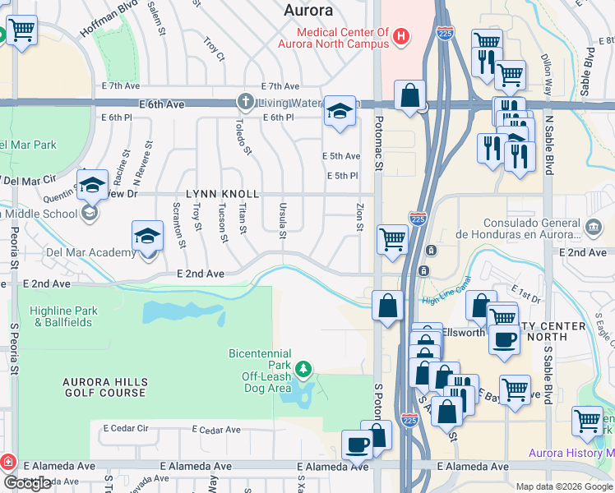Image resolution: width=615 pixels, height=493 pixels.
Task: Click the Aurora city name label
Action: pos(308,11)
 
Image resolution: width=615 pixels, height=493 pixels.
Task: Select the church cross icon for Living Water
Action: pos(245,103)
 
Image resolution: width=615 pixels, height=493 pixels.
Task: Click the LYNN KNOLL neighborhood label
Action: pos(223,194)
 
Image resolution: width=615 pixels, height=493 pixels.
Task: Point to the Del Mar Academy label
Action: pos(78,253)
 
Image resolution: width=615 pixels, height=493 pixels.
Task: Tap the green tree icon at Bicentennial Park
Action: pos(304,367)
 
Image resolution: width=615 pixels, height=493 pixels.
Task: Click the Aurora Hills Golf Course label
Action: pos(105,387)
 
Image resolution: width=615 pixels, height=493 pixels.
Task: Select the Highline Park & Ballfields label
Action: pos(65,316)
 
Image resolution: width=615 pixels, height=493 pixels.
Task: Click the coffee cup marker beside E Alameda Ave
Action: pos(358,445)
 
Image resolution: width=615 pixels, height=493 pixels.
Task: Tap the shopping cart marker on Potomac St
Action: pos(392,239)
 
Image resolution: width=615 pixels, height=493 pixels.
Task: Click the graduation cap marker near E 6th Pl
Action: pos(339,111)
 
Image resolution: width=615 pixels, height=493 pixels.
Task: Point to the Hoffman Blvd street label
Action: pos(107,18)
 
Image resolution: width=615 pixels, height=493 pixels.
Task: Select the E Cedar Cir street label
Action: pos(126,428)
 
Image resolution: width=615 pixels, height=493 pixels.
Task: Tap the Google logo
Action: pos(27,483)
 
